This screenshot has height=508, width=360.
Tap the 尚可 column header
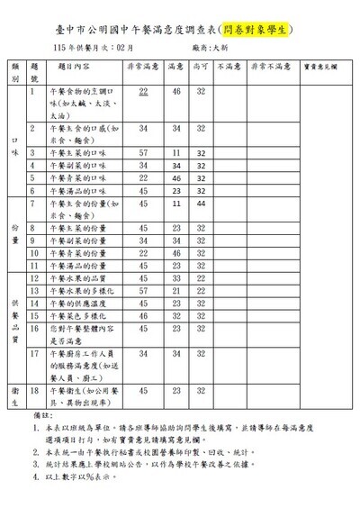coord(201,67)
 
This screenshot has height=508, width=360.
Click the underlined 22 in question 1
coord(144,92)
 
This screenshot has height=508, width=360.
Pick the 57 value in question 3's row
coord(144,153)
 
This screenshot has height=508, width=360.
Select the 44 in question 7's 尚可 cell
coord(201,204)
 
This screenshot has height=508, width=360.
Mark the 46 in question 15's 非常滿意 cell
coord(144,317)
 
